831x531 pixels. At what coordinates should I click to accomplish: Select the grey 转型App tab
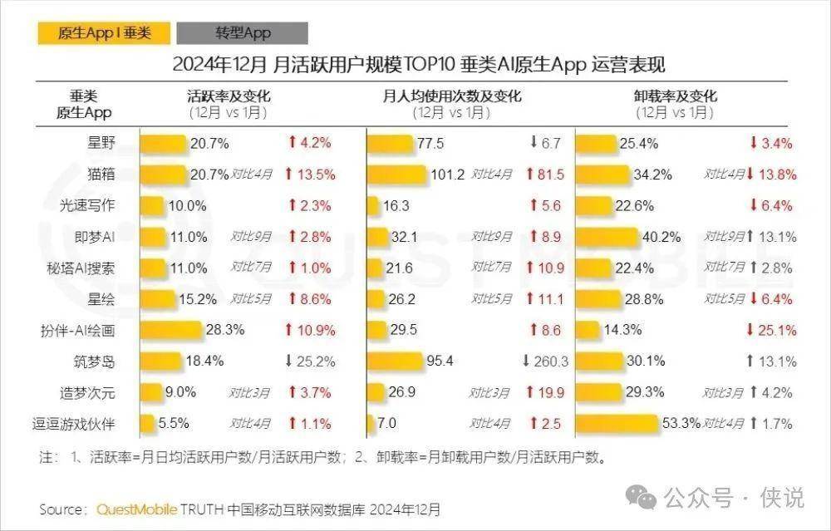[x=243, y=33]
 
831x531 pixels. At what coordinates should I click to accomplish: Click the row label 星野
[x=101, y=142]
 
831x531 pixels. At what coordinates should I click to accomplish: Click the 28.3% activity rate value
[x=224, y=330]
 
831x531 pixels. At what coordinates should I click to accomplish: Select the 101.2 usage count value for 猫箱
[x=448, y=175]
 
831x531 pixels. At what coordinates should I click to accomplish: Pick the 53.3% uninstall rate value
[x=681, y=424]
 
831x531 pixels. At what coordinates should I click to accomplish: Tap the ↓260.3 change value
[x=544, y=361]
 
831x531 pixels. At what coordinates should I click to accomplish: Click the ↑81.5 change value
[x=544, y=175]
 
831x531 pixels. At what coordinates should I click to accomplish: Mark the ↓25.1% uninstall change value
[x=772, y=330]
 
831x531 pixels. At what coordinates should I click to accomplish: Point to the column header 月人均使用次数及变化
[x=452, y=96]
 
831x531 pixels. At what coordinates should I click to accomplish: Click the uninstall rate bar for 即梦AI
[x=607, y=237]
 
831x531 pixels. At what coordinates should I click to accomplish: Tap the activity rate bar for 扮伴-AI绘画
[x=170, y=330]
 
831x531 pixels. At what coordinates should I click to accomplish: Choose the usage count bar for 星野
[x=390, y=143]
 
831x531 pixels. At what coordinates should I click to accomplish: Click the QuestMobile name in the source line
[x=136, y=509]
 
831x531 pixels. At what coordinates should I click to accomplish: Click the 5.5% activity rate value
[x=175, y=424]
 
